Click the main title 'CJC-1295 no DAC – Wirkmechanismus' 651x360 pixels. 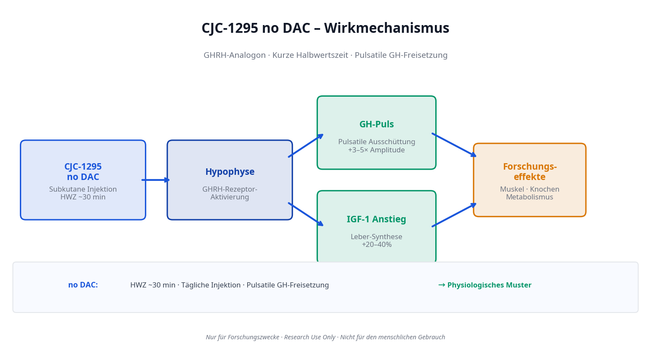(x=325, y=28)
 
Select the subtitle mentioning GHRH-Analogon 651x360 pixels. (x=325, y=55)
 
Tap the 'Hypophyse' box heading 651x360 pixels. (x=230, y=172)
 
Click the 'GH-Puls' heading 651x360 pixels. (x=377, y=124)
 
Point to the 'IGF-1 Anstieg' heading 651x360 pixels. (x=377, y=219)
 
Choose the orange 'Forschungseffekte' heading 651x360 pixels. (x=530, y=172)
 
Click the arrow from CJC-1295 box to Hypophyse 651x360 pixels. (x=156, y=180)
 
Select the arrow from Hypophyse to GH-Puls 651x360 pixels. (x=305, y=146)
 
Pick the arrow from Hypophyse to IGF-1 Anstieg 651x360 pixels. (x=305, y=214)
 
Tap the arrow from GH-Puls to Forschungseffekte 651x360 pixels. (x=454, y=145)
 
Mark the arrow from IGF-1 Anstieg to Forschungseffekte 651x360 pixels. (x=454, y=215)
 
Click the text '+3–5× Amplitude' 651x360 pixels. (x=377, y=150)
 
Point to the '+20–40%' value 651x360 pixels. (x=377, y=245)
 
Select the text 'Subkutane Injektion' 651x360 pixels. (x=83, y=189)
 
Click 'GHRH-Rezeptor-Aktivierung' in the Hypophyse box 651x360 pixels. (x=230, y=193)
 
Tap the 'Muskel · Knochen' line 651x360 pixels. (x=530, y=189)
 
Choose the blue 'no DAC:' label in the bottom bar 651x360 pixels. (x=83, y=285)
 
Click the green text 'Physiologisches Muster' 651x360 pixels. (x=489, y=285)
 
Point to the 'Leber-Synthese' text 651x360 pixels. (x=377, y=237)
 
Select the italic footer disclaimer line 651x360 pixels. (x=325, y=337)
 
